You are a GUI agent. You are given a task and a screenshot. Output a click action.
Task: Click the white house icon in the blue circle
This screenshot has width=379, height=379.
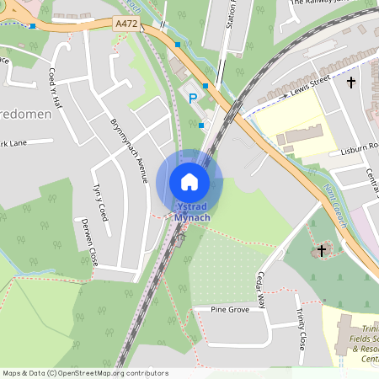[x=189, y=181]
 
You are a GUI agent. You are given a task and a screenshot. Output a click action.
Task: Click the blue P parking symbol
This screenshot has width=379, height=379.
[x=192, y=99]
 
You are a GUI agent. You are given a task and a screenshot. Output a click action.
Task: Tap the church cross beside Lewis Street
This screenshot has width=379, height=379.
[x=351, y=83]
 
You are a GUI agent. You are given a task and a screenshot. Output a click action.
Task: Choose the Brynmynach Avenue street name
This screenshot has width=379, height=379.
[x=129, y=150]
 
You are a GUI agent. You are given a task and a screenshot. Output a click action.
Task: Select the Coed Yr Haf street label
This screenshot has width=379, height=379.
[x=56, y=88]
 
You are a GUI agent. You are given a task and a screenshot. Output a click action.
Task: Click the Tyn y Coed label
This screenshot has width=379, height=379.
[x=102, y=201]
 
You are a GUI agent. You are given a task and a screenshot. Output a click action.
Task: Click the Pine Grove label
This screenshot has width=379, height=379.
[x=229, y=310]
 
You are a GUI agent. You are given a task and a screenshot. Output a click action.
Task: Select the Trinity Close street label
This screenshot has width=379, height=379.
[x=301, y=329]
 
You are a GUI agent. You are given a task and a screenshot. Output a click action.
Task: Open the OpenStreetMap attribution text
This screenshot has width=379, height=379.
[x=85, y=372]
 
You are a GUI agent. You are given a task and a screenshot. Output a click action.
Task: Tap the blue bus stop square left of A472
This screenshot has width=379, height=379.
[x=32, y=26]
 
